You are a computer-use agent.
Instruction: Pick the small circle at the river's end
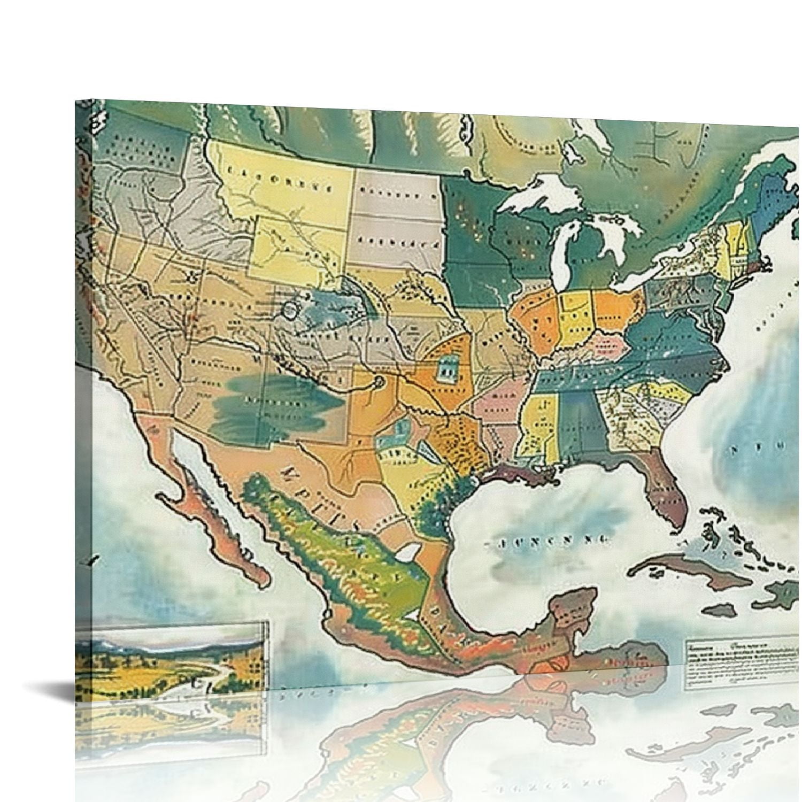coord(378,381)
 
